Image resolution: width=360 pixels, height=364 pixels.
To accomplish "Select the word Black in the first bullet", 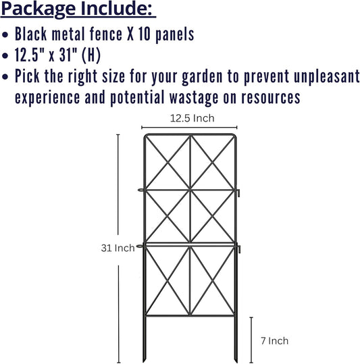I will click(32, 34).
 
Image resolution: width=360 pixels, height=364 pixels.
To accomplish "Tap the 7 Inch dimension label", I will click(274, 341).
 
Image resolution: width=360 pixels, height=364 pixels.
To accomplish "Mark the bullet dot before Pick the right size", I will click(6, 76).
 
